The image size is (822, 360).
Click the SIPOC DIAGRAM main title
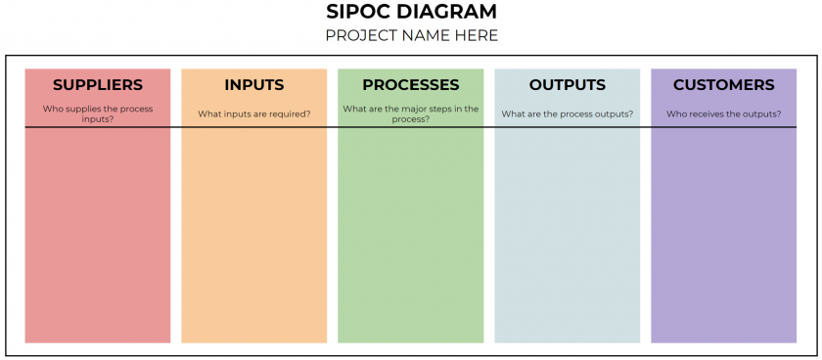(x=411, y=13)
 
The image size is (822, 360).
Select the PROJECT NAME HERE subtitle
(x=411, y=36)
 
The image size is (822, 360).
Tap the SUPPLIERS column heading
(x=98, y=85)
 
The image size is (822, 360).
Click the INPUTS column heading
(x=254, y=85)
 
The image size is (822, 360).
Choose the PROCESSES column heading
(x=411, y=85)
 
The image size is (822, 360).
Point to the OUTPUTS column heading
(x=568, y=85)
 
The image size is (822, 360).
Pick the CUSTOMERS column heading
(x=724, y=85)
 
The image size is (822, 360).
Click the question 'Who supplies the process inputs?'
(x=98, y=113)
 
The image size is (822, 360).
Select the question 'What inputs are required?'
(x=254, y=113)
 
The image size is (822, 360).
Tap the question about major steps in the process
(x=411, y=113)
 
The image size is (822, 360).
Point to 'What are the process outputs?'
(x=568, y=113)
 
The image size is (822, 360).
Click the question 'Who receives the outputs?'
(x=724, y=113)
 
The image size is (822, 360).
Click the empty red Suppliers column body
(x=98, y=235)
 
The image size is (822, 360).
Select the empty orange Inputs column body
(x=254, y=235)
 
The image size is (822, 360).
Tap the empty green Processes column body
(x=411, y=235)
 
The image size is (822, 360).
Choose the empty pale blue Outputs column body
(x=568, y=235)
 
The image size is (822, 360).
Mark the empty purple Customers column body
(x=724, y=235)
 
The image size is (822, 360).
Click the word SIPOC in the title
(x=359, y=13)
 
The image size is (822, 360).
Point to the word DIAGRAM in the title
(x=447, y=13)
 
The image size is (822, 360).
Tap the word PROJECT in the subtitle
(x=357, y=36)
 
